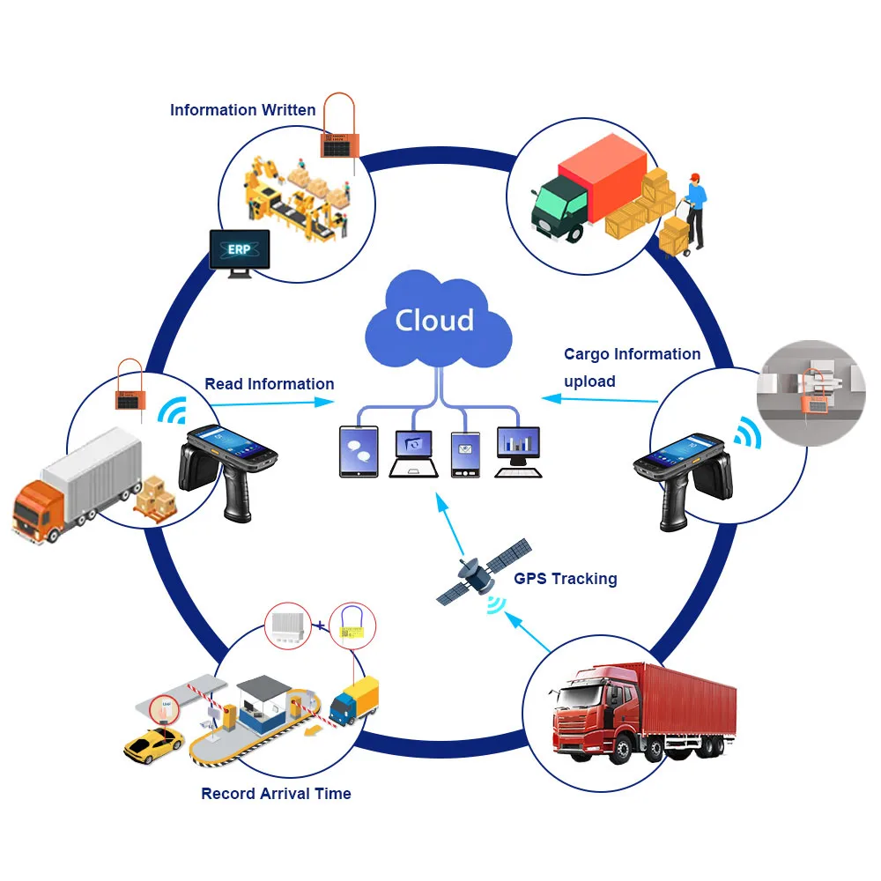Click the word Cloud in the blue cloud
[434, 320]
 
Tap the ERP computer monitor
[239, 251]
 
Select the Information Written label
[242, 110]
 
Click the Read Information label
[270, 384]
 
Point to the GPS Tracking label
[566, 579]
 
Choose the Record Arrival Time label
[276, 794]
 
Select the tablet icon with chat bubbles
[359, 451]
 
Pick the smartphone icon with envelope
[464, 453]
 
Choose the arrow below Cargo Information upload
[600, 398]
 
